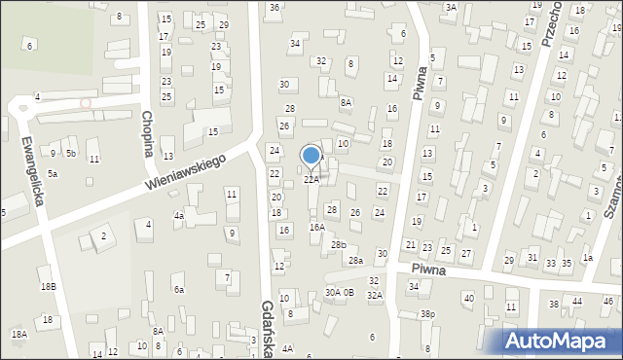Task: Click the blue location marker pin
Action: click(311, 156)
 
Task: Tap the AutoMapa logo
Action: click(561, 341)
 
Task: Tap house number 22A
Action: click(311, 180)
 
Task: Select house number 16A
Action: click(317, 227)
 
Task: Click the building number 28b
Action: click(338, 244)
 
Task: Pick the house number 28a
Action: click(356, 261)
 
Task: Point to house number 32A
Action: click(375, 295)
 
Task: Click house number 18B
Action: click(48, 286)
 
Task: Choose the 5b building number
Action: click(71, 154)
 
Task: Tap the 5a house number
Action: click(54, 173)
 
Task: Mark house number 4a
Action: click(179, 216)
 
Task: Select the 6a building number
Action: click(179, 289)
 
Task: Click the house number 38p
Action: click(427, 314)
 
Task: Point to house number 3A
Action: click(451, 7)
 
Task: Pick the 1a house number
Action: click(587, 258)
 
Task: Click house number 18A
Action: click(18, 334)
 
